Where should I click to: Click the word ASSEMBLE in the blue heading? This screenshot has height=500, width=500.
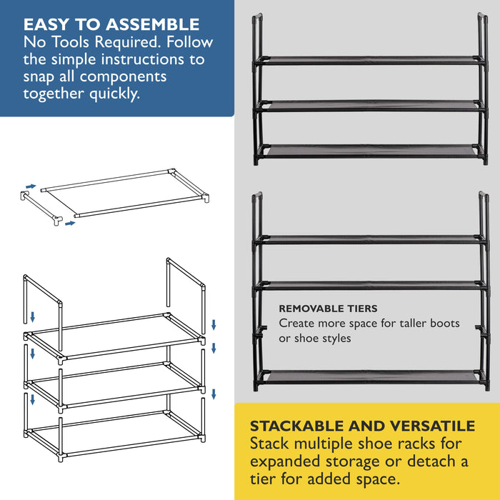(153, 24)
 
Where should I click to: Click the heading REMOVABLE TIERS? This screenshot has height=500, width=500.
(328, 309)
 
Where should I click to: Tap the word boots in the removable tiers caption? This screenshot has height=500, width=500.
(445, 323)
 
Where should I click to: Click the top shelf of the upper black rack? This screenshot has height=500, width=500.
(370, 60)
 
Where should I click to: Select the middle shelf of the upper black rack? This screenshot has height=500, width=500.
(370, 106)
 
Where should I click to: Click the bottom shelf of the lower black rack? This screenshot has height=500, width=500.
(371, 377)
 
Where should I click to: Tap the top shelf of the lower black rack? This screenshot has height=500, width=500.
(370, 239)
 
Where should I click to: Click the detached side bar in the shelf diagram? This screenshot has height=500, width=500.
(41, 208)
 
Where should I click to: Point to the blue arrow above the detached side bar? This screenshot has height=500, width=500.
(31, 186)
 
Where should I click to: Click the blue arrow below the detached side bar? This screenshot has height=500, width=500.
(70, 223)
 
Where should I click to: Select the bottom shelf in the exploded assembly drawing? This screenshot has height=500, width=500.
(114, 436)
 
